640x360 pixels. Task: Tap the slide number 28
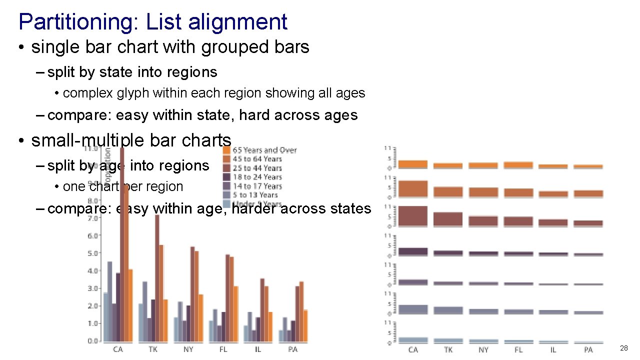[623, 348]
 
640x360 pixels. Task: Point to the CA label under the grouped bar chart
[118, 349]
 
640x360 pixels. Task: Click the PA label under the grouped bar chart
[293, 349]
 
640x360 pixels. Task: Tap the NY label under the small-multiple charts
[483, 349]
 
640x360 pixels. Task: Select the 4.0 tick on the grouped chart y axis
[92, 271]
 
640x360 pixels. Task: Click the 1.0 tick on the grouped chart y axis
[92, 323]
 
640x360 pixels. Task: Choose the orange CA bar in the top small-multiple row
[413, 164]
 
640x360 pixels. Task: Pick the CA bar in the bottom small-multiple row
[413, 339]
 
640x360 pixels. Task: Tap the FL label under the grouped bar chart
[223, 349]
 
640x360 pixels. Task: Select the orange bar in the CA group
[130, 305]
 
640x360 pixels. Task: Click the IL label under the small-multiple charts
[553, 349]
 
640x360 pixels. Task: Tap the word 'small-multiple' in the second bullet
[88, 140]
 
